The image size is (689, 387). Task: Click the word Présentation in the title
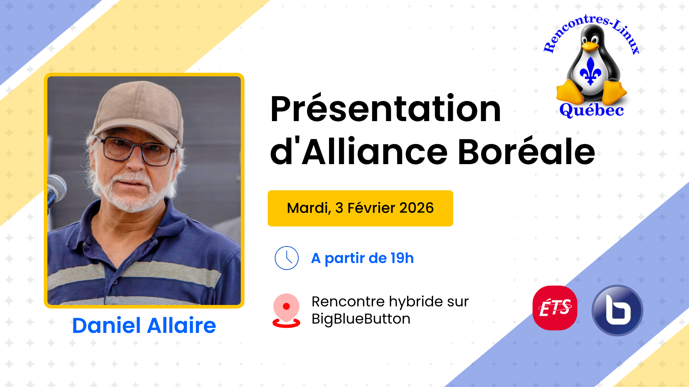point(385,109)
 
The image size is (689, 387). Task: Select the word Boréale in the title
point(527,152)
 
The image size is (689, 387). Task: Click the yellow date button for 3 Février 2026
point(360,208)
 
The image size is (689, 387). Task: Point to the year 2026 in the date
point(417,208)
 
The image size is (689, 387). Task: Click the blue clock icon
point(286,258)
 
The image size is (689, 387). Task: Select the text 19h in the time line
point(402,258)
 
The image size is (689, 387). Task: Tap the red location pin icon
point(286,310)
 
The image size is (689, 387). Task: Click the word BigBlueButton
point(361,319)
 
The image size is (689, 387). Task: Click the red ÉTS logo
point(555,308)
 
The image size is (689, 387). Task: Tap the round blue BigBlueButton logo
point(617,310)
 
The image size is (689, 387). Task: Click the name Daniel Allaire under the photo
point(144,325)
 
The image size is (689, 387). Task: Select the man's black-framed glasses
point(138,150)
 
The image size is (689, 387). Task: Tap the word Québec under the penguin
point(591,110)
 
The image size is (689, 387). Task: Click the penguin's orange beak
point(590,46)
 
